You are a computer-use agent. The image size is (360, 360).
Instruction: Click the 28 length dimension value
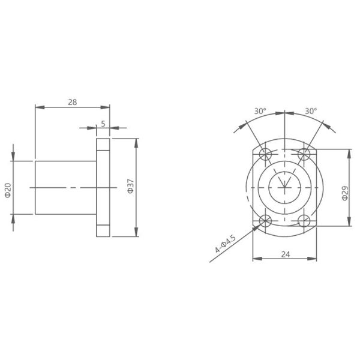(x=72, y=102)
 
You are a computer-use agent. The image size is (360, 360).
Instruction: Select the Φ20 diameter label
(x=7, y=191)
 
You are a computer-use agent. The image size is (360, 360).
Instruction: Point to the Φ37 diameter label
(x=130, y=187)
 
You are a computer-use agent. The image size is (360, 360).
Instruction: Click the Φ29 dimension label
(x=344, y=192)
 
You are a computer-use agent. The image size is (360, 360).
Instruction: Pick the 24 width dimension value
(x=285, y=254)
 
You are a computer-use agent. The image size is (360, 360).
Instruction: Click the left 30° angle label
(x=259, y=111)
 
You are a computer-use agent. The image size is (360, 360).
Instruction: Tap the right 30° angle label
(x=310, y=111)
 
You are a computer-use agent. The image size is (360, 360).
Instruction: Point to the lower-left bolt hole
(x=265, y=220)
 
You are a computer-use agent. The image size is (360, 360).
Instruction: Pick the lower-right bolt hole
(x=304, y=220)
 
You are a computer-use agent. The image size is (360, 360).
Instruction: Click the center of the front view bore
(x=285, y=187)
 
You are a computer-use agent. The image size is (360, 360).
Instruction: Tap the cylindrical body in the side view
(x=65, y=187)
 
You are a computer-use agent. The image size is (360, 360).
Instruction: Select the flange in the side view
(x=103, y=187)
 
